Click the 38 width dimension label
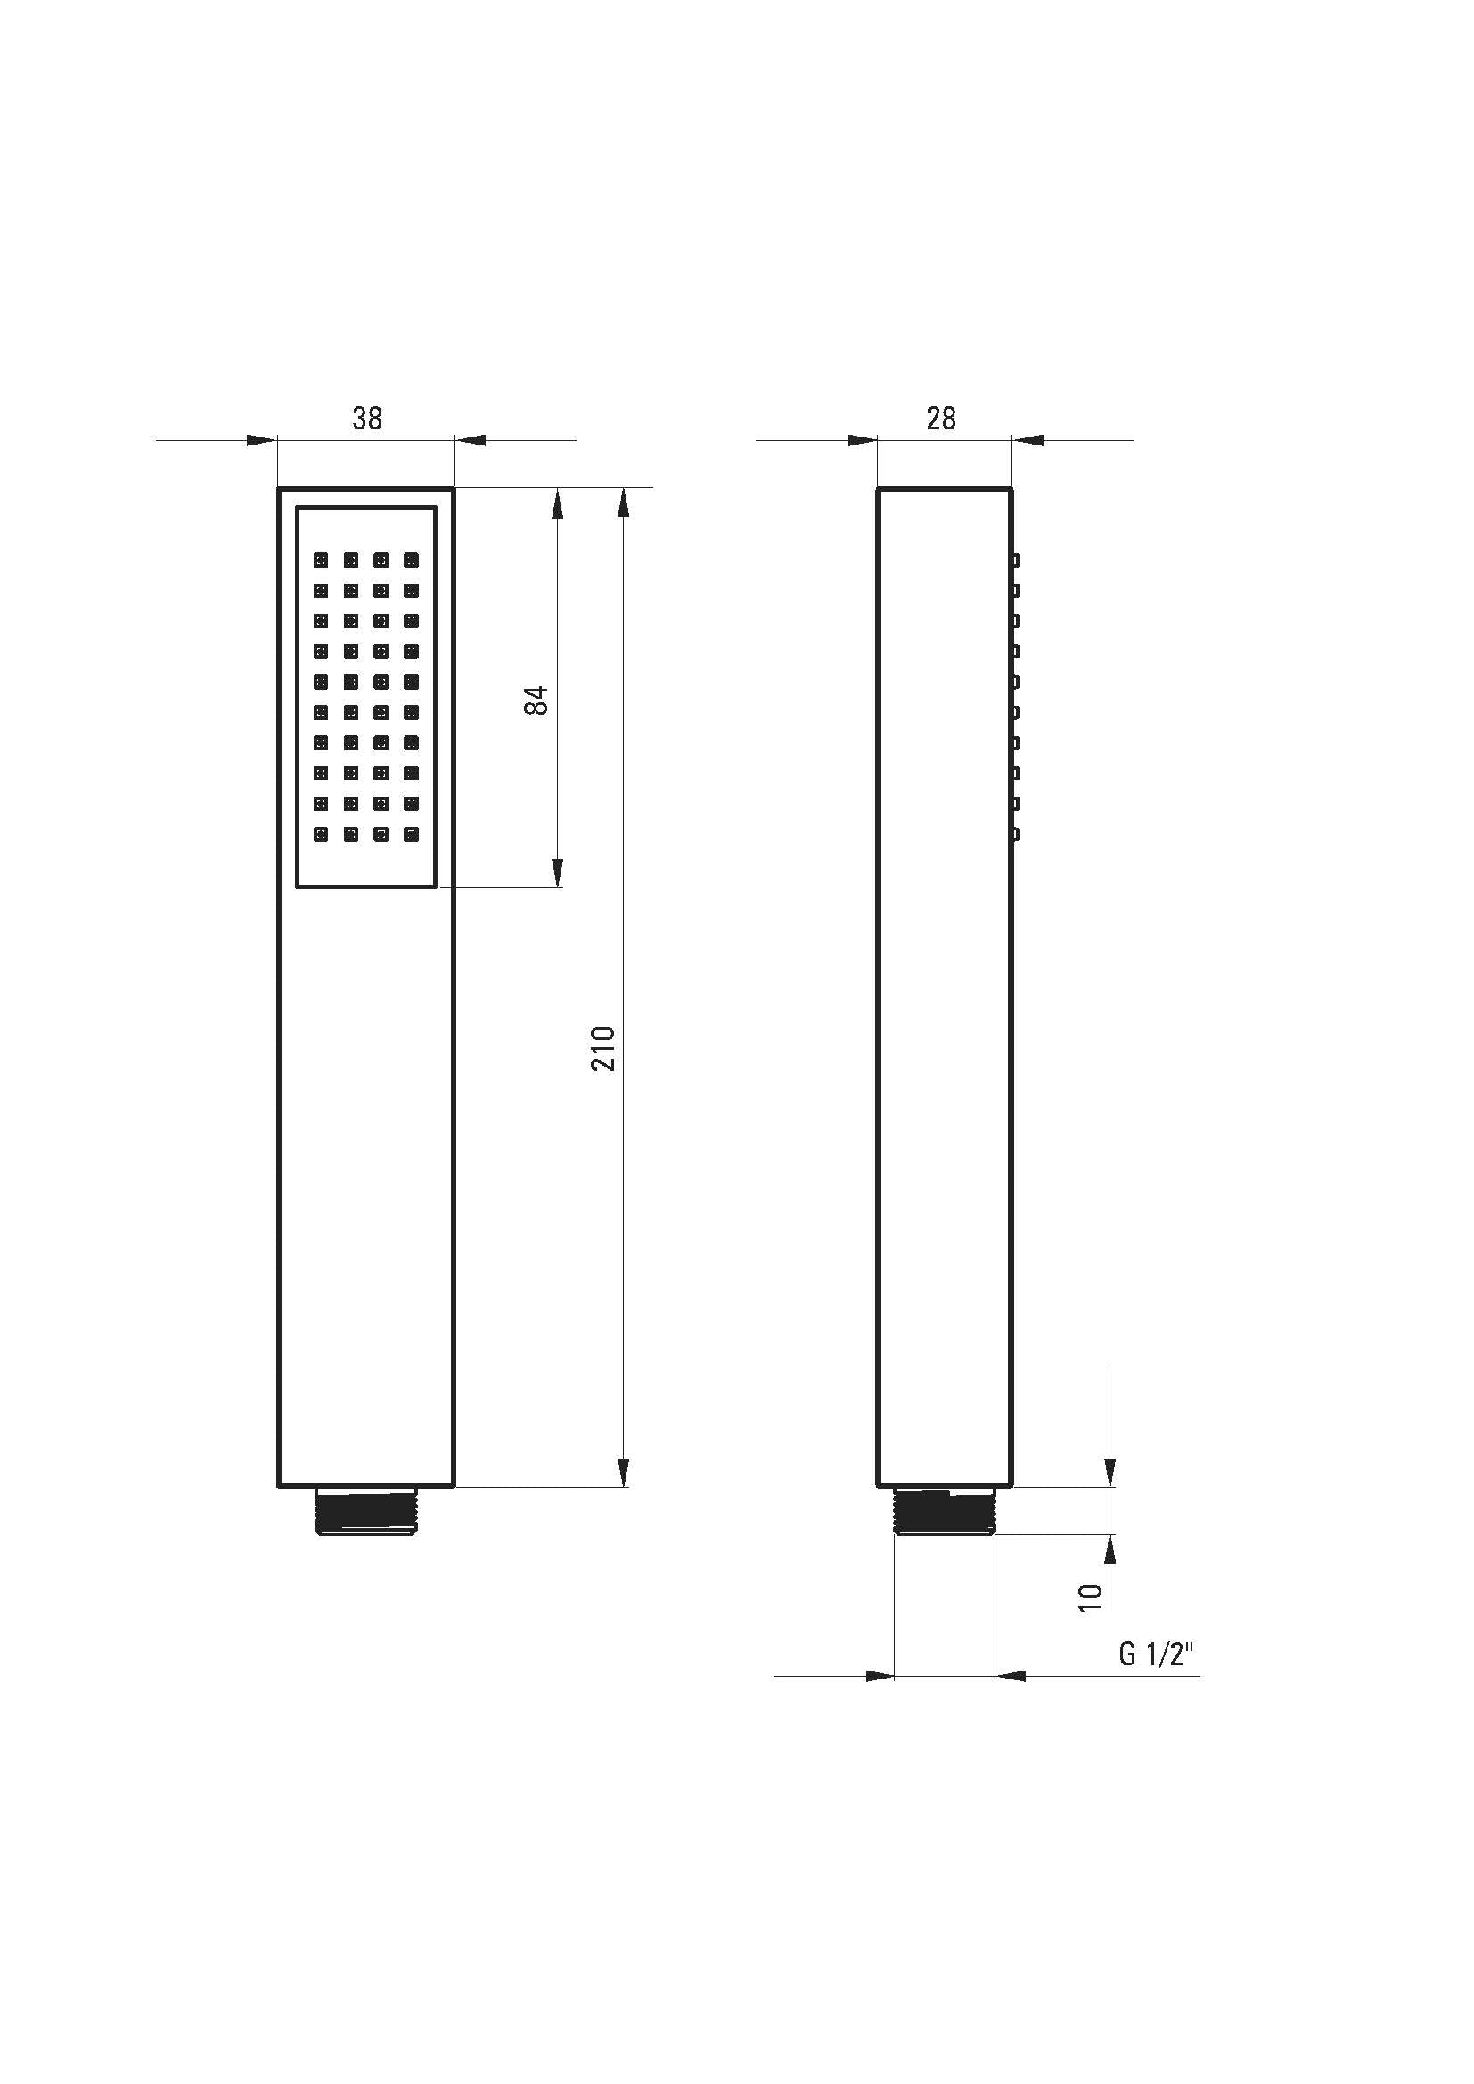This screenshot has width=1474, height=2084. click(367, 419)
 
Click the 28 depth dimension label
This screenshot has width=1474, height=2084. click(941, 419)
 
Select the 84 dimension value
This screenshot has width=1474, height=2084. click(537, 699)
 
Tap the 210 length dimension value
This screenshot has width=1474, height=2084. click(603, 1049)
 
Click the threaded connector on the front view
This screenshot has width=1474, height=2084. click(365, 1512)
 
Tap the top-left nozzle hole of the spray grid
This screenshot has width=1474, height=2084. click(322, 560)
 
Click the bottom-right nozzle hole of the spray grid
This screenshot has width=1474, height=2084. click(411, 833)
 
